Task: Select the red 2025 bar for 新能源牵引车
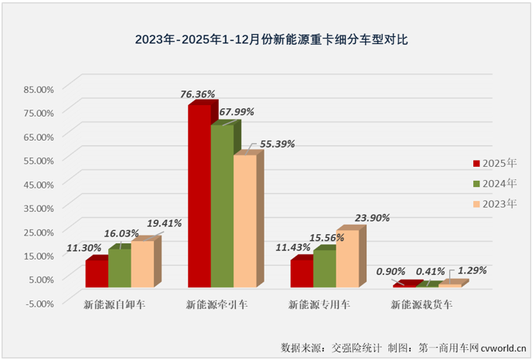199,197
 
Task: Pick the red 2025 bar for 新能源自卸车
96,274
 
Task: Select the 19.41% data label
162,223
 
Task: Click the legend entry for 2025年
494,163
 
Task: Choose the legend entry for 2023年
494,204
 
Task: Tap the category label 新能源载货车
421,305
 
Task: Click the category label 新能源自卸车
114,305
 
